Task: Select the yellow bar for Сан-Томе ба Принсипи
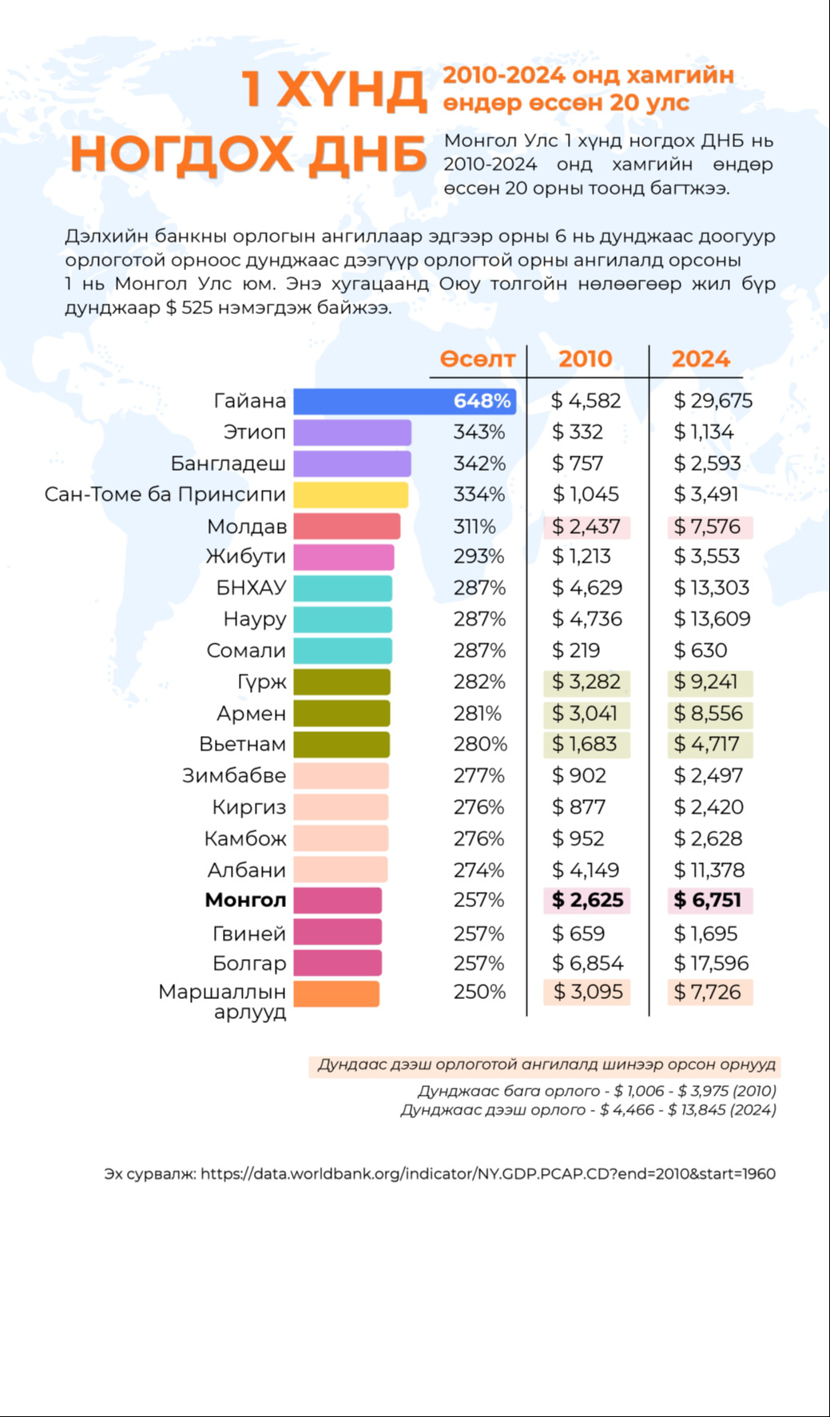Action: (x=351, y=495)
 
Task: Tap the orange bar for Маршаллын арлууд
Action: (x=336, y=993)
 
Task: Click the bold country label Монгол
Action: (x=245, y=901)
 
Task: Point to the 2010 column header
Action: (x=586, y=359)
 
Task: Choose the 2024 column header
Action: (x=701, y=359)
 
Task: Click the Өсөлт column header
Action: (x=478, y=359)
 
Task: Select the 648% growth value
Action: (x=482, y=400)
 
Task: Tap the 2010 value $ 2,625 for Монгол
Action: (x=587, y=901)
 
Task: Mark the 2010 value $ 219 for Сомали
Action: (x=576, y=651)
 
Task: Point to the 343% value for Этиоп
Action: (x=479, y=432)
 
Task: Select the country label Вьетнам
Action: (x=242, y=744)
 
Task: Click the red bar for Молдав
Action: (x=347, y=527)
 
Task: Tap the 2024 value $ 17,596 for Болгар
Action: (x=711, y=964)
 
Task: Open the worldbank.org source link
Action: (x=487, y=1174)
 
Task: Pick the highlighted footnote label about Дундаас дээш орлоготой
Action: (x=546, y=1065)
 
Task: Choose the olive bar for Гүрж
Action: (x=342, y=682)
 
